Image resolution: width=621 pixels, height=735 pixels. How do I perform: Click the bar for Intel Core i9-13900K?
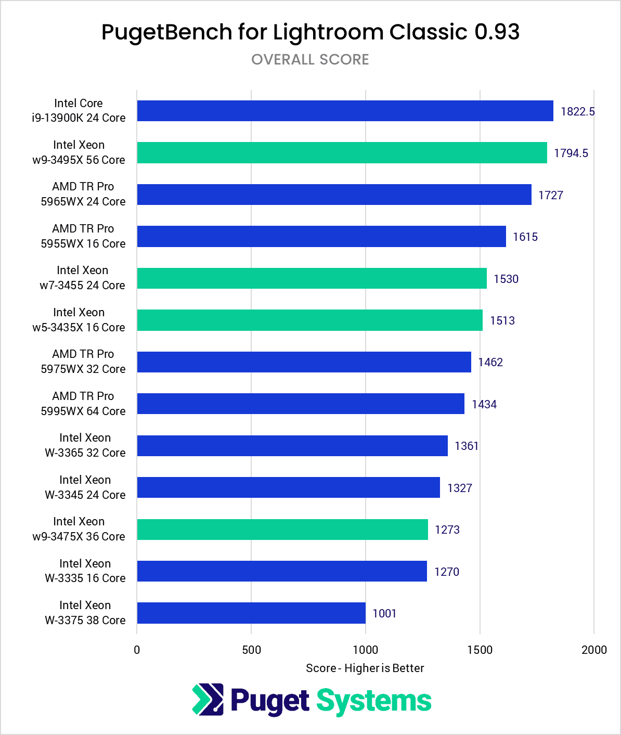tap(345, 111)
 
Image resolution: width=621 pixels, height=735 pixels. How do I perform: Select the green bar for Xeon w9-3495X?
tap(342, 152)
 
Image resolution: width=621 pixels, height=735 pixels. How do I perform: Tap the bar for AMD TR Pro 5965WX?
tap(334, 195)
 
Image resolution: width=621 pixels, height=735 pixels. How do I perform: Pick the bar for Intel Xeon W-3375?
tap(251, 613)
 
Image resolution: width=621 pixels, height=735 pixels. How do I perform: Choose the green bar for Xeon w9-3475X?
tap(282, 530)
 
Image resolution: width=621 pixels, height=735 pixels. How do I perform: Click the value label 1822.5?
tap(577, 111)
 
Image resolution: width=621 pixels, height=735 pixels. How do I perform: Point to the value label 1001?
tap(384, 613)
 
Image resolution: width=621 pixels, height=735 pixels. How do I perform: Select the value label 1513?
tap(502, 320)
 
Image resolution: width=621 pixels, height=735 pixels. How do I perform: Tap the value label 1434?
tap(484, 404)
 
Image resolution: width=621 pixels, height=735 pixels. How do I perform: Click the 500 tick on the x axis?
tap(251, 650)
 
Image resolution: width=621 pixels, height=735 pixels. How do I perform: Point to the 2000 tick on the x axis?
tap(594, 650)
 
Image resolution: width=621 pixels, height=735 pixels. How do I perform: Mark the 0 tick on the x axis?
tap(137, 650)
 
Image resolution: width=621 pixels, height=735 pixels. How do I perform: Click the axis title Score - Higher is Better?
tap(365, 668)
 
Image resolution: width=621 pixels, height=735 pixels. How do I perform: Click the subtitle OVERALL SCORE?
tap(310, 59)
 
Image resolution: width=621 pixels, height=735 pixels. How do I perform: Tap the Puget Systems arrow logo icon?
tap(208, 699)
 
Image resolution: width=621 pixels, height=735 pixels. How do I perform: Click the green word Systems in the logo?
tap(374, 701)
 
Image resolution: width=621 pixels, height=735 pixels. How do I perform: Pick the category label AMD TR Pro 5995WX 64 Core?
tap(83, 404)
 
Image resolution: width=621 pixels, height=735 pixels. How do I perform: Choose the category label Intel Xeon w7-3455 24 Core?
tap(82, 278)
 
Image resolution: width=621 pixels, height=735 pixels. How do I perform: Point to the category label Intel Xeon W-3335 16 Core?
tap(85, 571)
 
